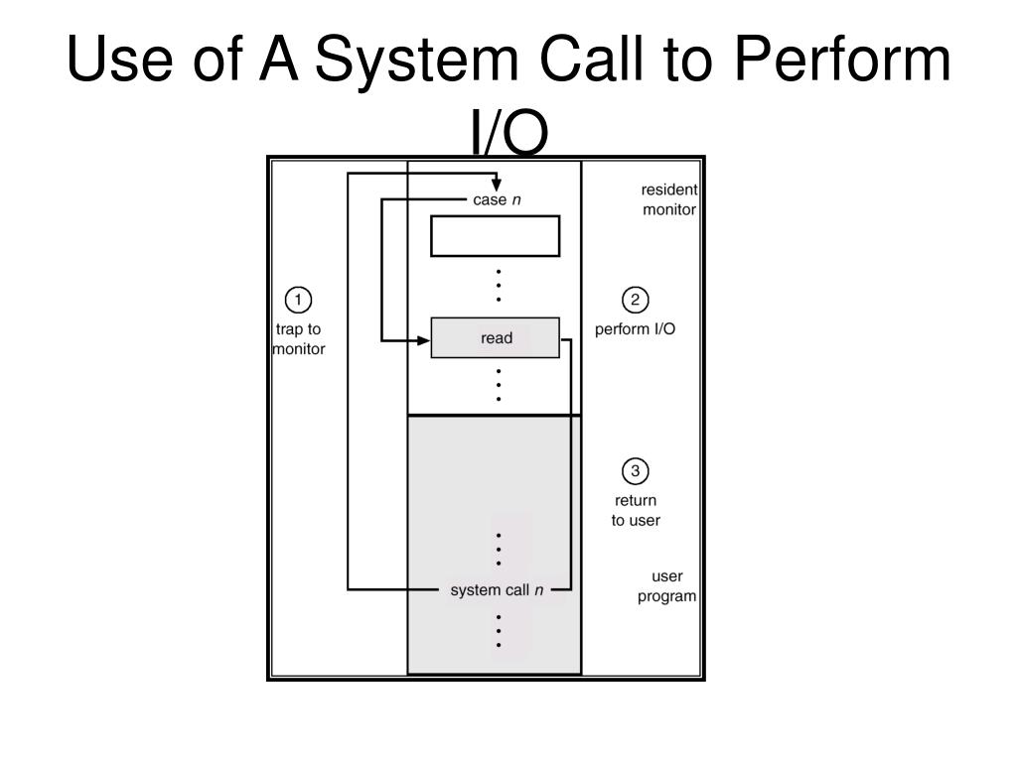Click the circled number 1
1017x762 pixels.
tap(298, 300)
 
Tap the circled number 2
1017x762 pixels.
tap(635, 300)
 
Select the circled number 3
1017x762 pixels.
tap(635, 470)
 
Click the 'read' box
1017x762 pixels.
tap(496, 338)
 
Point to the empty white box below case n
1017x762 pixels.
tap(495, 236)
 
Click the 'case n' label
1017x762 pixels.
tap(496, 200)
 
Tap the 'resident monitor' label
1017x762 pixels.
tap(668, 199)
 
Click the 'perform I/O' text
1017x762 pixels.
tap(635, 329)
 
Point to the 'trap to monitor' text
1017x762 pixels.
tap(298, 339)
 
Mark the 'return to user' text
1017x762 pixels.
tap(635, 510)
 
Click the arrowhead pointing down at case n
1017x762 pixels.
tap(497, 185)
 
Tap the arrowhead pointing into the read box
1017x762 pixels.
tap(423, 341)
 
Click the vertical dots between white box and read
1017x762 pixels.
tap(498, 285)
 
